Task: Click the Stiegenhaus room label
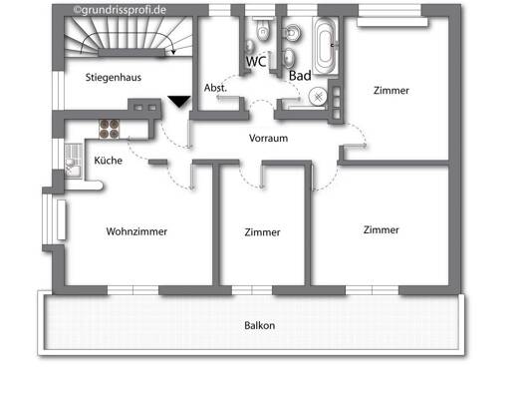pos(114,78)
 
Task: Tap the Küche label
pos(108,161)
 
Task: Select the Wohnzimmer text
pos(136,231)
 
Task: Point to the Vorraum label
pos(269,138)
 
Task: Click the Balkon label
pos(259,325)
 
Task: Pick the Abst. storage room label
pos(215,88)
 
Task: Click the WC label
pos(256,62)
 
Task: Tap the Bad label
pos(300,76)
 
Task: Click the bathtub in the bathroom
pos(325,46)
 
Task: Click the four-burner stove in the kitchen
pos(109,129)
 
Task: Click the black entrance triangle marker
pos(179,102)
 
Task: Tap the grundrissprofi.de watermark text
pos(120,10)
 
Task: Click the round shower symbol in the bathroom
pos(318,97)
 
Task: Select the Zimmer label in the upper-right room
pos(391,91)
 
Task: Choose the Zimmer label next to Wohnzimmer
pos(262,232)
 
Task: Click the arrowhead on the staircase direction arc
pos(173,52)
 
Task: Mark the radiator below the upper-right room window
pos(392,22)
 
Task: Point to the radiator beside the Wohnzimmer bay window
pos(62,219)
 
